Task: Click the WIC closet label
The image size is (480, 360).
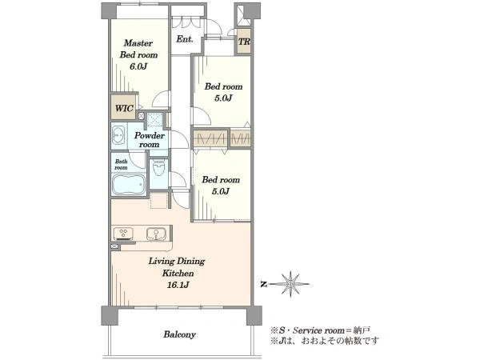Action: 124,108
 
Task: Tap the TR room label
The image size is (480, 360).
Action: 244,42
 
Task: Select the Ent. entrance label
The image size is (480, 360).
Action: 185,39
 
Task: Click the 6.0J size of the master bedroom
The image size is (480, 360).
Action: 138,66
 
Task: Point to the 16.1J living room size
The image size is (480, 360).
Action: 178,285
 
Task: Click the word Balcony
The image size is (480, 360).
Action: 179,334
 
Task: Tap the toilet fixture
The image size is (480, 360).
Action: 158,168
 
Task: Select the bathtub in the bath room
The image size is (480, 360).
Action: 129,184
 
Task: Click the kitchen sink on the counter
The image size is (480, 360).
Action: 156,234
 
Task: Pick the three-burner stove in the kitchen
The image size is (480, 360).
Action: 124,234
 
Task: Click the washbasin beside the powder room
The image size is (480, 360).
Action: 118,134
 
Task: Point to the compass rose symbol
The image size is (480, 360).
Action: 290,284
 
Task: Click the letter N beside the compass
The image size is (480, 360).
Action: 263,284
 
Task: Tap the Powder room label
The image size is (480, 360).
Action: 150,140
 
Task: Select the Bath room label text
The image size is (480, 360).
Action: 121,164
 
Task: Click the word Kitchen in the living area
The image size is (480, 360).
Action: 178,273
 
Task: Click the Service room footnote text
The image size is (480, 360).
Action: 320,330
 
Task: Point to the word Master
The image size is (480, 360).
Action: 138,43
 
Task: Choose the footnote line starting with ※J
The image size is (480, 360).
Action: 325,341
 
